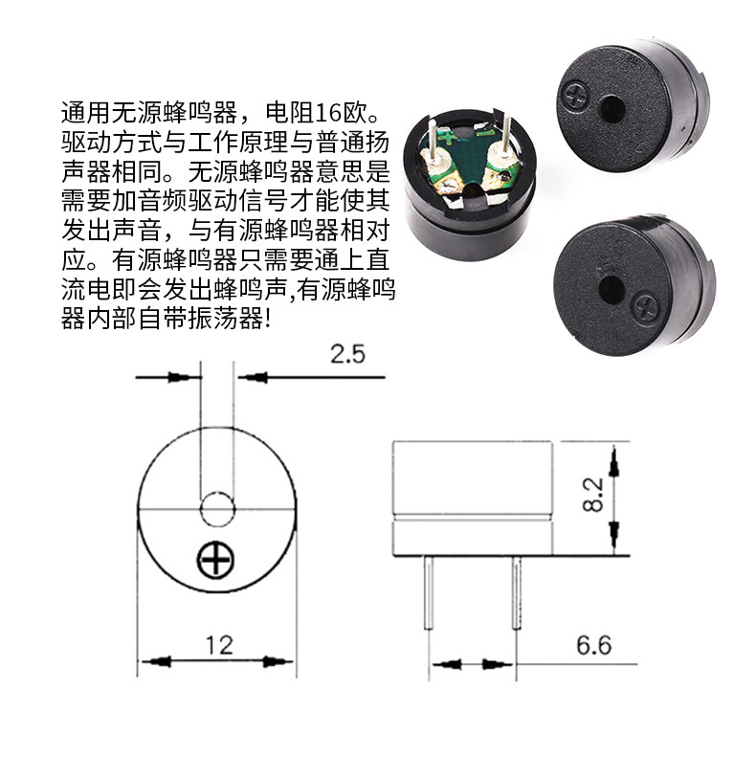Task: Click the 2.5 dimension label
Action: (x=347, y=354)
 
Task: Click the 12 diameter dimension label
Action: (x=219, y=645)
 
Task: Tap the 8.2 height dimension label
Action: (x=593, y=494)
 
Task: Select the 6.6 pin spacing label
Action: (x=593, y=645)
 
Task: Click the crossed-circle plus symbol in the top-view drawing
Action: (x=215, y=561)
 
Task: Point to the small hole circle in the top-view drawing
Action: (x=217, y=509)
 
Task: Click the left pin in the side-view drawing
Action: (x=429, y=592)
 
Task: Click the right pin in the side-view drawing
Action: (x=516, y=592)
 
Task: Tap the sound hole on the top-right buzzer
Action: (x=612, y=108)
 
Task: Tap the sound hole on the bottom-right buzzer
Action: (x=611, y=290)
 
